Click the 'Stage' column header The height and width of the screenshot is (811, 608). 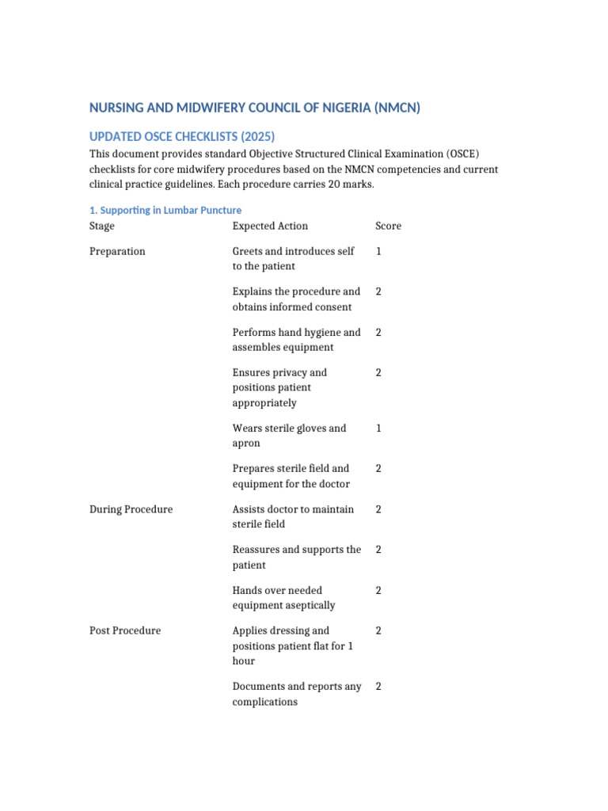(x=102, y=226)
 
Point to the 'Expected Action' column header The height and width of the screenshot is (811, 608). (x=270, y=226)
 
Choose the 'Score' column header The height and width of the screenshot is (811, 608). (x=388, y=226)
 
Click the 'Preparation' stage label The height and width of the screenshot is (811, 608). (x=117, y=251)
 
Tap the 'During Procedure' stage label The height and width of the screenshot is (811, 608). (x=131, y=509)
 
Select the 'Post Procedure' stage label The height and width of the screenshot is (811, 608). (x=125, y=630)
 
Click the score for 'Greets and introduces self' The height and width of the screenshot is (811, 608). (x=378, y=251)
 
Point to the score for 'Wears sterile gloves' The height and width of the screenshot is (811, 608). (x=378, y=428)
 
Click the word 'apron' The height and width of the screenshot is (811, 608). (x=246, y=443)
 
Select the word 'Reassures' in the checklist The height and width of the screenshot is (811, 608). (x=257, y=550)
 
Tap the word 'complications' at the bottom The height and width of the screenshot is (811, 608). (x=264, y=702)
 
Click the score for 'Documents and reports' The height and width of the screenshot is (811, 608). (x=378, y=687)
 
